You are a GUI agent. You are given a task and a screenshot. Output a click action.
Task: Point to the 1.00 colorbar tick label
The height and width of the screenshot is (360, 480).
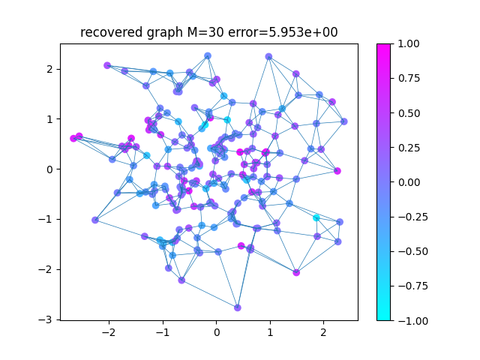[x=409, y=43]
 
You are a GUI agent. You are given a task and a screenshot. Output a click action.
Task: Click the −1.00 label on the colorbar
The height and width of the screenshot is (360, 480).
[x=413, y=320]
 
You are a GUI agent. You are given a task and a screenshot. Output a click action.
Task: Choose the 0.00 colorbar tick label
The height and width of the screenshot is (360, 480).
[x=409, y=182]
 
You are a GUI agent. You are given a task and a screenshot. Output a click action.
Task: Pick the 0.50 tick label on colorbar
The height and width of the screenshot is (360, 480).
[x=409, y=113]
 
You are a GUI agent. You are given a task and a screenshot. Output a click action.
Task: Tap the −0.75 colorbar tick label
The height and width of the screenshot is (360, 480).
[x=413, y=286]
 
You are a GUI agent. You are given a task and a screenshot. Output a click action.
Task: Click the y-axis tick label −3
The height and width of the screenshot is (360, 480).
[x=45, y=319]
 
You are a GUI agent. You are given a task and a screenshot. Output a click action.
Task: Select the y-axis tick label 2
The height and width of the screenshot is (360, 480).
[x=49, y=69]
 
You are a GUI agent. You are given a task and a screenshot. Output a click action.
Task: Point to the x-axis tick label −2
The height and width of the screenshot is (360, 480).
[x=109, y=332]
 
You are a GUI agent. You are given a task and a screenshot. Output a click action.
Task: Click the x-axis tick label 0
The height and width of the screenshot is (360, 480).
[x=217, y=332]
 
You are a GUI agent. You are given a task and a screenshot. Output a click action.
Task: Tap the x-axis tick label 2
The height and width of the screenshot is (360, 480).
[x=323, y=332]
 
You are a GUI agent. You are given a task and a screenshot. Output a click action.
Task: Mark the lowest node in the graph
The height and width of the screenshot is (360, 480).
[x=238, y=308]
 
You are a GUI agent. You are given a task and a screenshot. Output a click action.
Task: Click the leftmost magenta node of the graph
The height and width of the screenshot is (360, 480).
[x=73, y=138]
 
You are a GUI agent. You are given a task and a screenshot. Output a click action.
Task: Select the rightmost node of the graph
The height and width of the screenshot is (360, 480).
[x=344, y=121]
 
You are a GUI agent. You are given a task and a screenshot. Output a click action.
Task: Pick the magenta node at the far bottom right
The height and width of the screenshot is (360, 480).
[x=296, y=272]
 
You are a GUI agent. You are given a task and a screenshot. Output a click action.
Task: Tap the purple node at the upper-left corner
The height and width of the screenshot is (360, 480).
[x=107, y=65]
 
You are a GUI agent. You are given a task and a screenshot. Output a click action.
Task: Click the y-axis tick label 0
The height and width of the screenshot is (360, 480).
[x=49, y=169]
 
